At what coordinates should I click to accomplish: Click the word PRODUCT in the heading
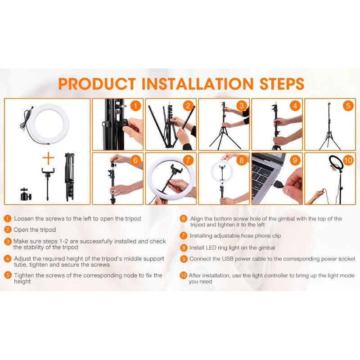coord(97,84)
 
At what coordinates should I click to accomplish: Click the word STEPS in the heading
coord(282,84)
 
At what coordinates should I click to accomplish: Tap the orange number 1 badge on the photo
coord(135,106)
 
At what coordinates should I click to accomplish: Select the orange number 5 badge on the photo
coord(348,106)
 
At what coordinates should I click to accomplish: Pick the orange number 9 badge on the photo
coord(295,160)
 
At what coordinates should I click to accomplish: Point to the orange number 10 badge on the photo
coord(348,160)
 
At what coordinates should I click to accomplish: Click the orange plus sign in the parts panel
coord(49,158)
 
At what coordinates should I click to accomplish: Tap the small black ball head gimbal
coord(26,194)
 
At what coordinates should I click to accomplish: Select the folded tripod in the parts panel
coord(70,177)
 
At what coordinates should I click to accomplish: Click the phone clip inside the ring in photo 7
coord(176,170)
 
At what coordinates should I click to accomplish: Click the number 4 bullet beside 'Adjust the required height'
coord(8,259)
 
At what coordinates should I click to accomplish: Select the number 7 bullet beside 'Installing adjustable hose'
coord(183,235)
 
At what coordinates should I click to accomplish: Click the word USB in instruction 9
coord(228,259)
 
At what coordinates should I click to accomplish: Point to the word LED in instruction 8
coord(211,248)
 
